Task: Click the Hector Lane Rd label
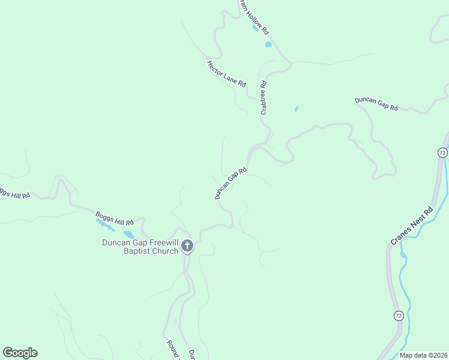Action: [x=226, y=74]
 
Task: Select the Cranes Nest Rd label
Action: [x=412, y=226]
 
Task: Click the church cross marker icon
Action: [x=187, y=245]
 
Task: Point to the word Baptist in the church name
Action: [x=139, y=251]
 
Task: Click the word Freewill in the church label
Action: [x=158, y=242]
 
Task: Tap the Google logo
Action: [x=20, y=353]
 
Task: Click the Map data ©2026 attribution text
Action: [x=423, y=355]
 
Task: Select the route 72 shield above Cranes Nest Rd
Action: [x=442, y=152]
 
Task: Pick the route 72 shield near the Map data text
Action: [x=398, y=316]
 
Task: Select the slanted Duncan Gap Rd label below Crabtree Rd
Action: [x=231, y=183]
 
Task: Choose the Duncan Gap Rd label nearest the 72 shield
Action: [x=376, y=103]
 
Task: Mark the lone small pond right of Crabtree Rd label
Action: [x=296, y=109]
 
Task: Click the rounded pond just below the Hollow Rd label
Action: [x=268, y=44]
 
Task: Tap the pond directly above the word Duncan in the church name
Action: [x=128, y=234]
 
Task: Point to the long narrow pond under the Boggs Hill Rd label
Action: [x=104, y=224]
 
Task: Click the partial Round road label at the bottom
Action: [x=172, y=350]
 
